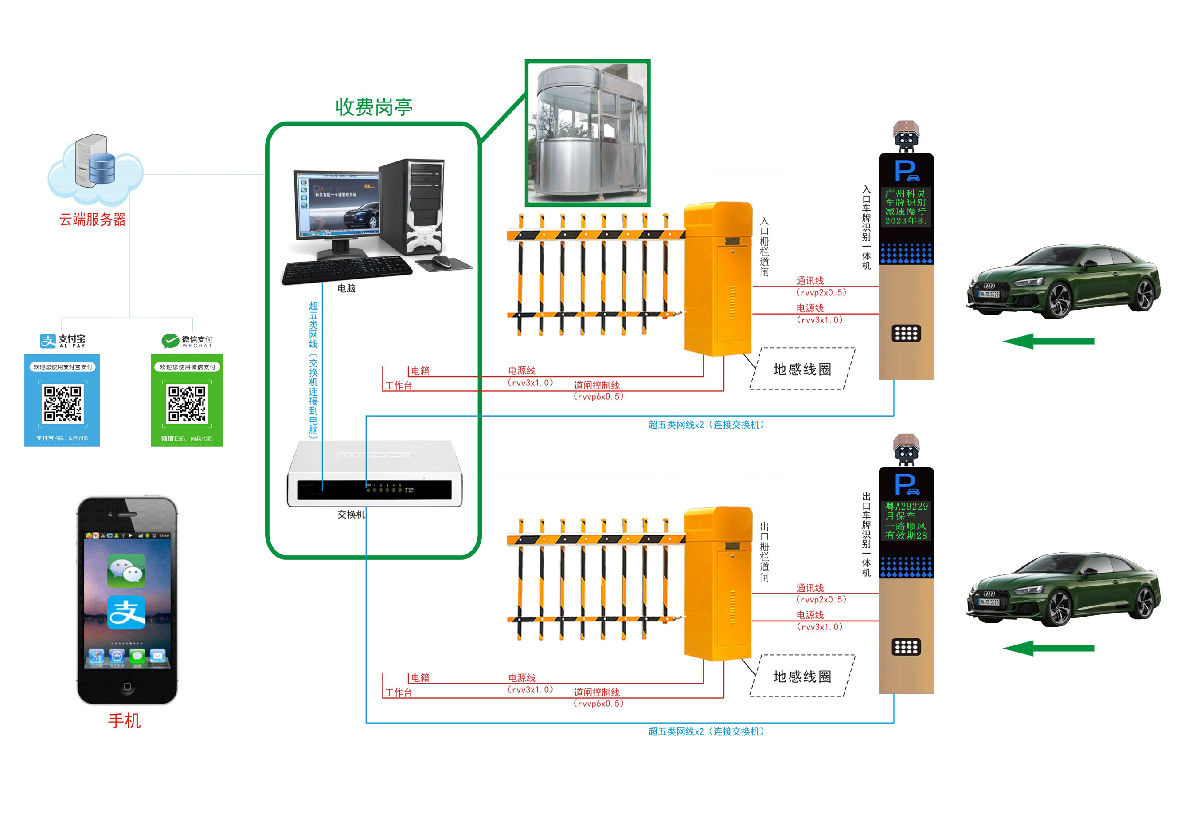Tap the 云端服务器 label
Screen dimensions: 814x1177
92,220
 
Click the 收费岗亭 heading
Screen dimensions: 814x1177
374,107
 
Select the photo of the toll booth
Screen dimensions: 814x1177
587,133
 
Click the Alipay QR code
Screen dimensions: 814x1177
62,404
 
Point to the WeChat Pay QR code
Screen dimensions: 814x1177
187,404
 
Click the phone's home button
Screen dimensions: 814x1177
127,687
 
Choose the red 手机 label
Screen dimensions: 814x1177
125,721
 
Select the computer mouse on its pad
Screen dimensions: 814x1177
442,261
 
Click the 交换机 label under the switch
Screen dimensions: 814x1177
351,515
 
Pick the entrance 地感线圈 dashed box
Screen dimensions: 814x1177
802,369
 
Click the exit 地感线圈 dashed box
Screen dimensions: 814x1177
802,676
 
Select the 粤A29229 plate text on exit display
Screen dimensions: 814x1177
906,506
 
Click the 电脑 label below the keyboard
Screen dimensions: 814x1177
346,288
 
